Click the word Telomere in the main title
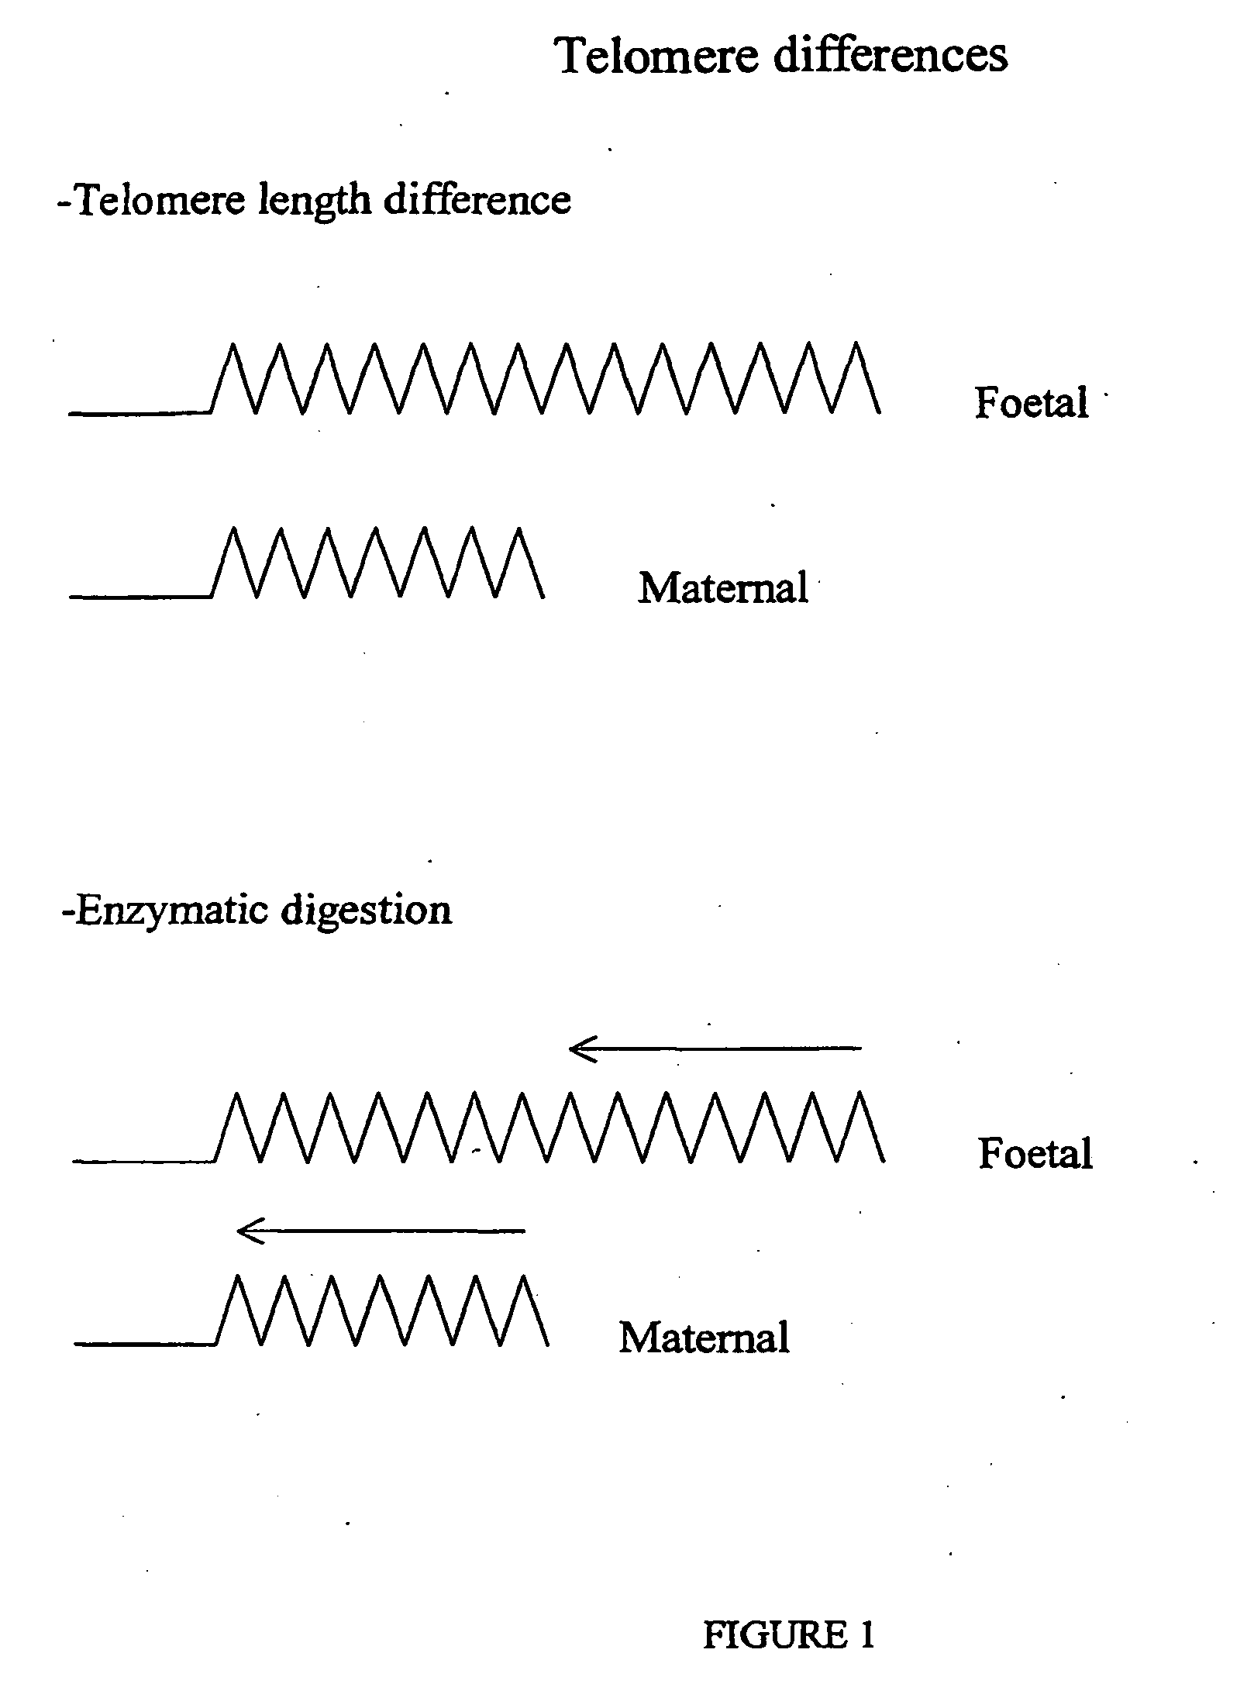[x=657, y=56]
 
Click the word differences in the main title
[x=891, y=56]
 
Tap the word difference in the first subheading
[x=477, y=200]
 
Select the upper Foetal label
[x=1031, y=403]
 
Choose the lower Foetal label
[x=1035, y=1154]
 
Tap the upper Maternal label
[x=722, y=588]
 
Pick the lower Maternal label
[x=704, y=1338]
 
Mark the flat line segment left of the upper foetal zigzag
[x=140, y=413]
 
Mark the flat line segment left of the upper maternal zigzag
[x=140, y=597]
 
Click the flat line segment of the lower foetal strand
[x=143, y=1161]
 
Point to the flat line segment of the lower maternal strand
[x=144, y=1344]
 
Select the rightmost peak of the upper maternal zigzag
[x=518, y=529]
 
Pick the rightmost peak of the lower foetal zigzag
[x=860, y=1093]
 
